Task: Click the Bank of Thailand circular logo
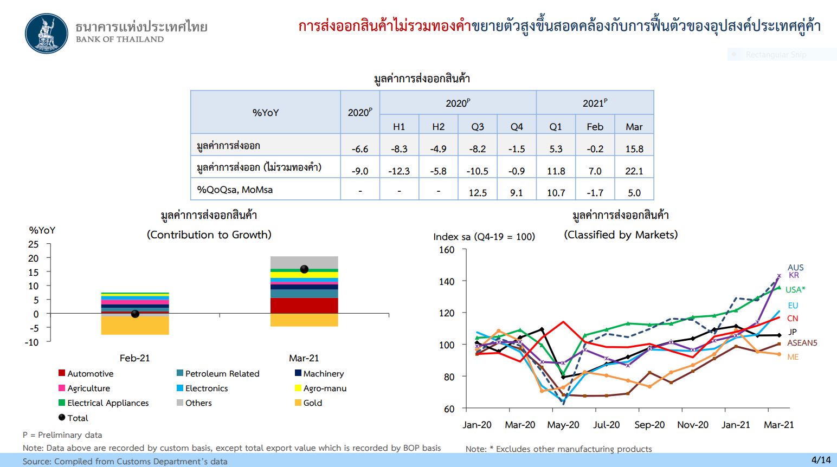pos(47,34)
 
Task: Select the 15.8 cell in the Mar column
pos(634,149)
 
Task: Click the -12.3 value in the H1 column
pos(398,171)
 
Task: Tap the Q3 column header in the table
pos(478,127)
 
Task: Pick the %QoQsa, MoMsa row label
pos(235,190)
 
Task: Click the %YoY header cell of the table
pos(265,112)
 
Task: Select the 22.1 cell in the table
pos(634,171)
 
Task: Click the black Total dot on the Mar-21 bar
pos(304,269)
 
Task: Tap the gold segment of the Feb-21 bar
pos(135,325)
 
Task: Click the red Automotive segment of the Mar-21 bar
pos(304,306)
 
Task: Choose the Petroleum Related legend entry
pos(218,373)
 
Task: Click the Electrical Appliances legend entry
pos(104,403)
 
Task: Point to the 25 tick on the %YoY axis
pos(33,244)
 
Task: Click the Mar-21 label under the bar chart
pos(304,358)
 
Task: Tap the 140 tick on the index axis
pos(447,281)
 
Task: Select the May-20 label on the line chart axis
pos(563,425)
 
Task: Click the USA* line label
pos(795,290)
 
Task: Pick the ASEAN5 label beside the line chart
pos(802,343)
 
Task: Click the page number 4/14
pos(821,460)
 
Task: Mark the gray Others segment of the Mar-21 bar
pos(304,262)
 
